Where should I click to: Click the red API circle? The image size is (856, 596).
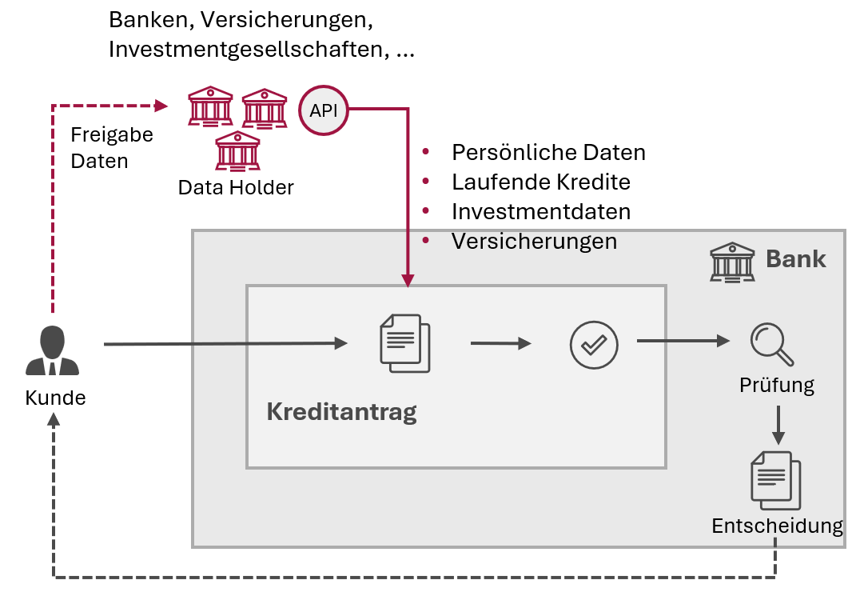(324, 110)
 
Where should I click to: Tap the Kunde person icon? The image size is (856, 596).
(53, 351)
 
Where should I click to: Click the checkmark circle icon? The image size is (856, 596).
(594, 344)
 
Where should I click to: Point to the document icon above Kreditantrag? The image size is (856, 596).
(404, 343)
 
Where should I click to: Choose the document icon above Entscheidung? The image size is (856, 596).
(775, 480)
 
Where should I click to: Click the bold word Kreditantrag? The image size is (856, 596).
(341, 413)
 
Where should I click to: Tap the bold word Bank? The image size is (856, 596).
(795, 258)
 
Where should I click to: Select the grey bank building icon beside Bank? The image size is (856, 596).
(732, 261)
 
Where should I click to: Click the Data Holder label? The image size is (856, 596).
(236, 188)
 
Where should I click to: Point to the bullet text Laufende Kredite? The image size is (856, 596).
(541, 182)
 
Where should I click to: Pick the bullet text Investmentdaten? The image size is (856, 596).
(541, 212)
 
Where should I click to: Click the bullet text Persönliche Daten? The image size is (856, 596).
(548, 153)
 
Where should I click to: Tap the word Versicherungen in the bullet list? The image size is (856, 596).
(534, 242)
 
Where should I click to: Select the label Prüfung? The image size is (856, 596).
(776, 386)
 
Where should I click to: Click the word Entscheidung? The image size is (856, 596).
(777, 526)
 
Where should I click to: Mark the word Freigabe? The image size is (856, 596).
(112, 134)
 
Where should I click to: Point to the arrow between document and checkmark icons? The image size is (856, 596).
(500, 343)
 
